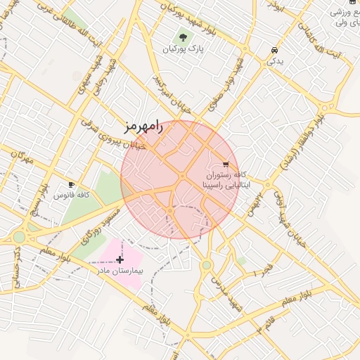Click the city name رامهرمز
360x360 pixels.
(x=143, y=127)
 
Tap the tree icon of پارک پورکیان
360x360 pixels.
(x=184, y=37)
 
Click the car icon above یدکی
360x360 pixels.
(x=274, y=51)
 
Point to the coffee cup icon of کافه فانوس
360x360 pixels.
(x=71, y=184)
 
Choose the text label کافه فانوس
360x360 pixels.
(x=71, y=195)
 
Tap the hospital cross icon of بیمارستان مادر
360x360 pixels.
(x=120, y=259)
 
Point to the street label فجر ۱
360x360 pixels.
(x=266, y=270)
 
